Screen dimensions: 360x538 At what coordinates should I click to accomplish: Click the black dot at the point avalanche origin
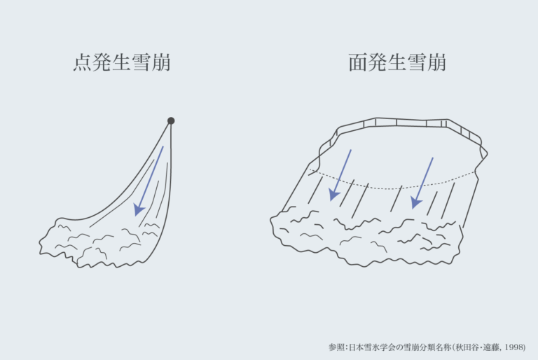[x=171, y=120]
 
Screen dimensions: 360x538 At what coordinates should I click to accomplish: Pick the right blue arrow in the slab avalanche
[x=424, y=183]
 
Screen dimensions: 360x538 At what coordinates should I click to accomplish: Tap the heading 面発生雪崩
[x=397, y=63]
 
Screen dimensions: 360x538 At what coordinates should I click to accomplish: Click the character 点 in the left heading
[x=83, y=63]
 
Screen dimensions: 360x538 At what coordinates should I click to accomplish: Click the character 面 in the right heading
[x=358, y=63]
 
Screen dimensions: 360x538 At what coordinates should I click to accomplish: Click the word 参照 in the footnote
[x=337, y=347]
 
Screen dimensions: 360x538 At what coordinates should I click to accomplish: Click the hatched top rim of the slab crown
[x=396, y=123]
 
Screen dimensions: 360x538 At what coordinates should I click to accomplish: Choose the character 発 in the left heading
[x=102, y=63]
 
